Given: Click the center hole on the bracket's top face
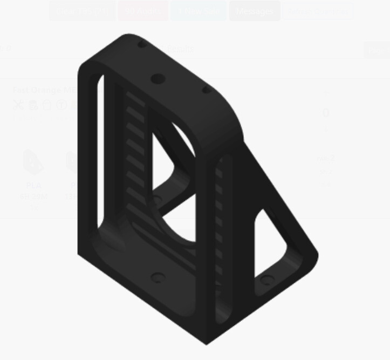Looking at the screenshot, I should [x=157, y=79].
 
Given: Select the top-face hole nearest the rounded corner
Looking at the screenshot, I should [x=206, y=90].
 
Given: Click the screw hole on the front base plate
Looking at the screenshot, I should [x=158, y=278].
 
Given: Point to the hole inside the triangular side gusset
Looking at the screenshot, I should [x=266, y=280].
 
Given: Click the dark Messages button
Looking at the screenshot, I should [x=255, y=11].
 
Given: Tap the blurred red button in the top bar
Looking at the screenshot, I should [x=143, y=11].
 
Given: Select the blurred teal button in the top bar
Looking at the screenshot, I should [x=199, y=11].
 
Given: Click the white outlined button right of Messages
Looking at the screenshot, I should [x=318, y=11].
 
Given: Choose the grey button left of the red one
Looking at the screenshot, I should [x=82, y=11].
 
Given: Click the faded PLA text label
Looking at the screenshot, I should [x=33, y=185].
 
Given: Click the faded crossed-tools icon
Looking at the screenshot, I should [x=19, y=105].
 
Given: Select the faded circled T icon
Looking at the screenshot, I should [x=61, y=105].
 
